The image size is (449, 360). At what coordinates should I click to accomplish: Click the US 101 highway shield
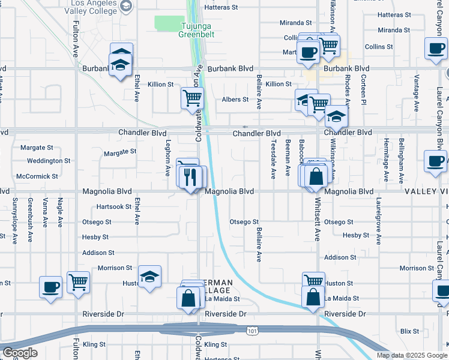pyautogui.click(x=252, y=330)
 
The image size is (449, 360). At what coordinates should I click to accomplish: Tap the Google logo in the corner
pyautogui.click(x=20, y=353)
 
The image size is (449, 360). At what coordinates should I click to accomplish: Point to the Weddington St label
pyautogui.click(x=49, y=161)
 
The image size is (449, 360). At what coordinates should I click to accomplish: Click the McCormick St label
pyautogui.click(x=37, y=176)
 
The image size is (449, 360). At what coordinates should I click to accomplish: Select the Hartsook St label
pyautogui.click(x=113, y=206)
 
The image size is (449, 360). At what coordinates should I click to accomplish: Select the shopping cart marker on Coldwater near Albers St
pyautogui.click(x=192, y=98)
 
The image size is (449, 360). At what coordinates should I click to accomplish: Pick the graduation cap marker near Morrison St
pyautogui.click(x=150, y=276)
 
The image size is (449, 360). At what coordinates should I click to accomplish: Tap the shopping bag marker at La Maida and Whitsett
pyautogui.click(x=313, y=297)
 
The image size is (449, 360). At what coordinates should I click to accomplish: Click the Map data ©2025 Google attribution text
pyautogui.click(x=411, y=355)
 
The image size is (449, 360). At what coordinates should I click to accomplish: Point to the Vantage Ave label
pyautogui.click(x=415, y=94)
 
